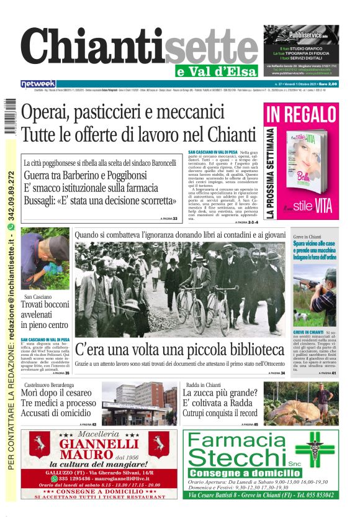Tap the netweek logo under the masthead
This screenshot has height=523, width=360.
[x=38, y=83]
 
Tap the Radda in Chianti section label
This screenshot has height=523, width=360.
[x=202, y=384]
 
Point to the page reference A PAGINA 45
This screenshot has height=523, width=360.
[x=248, y=424]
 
